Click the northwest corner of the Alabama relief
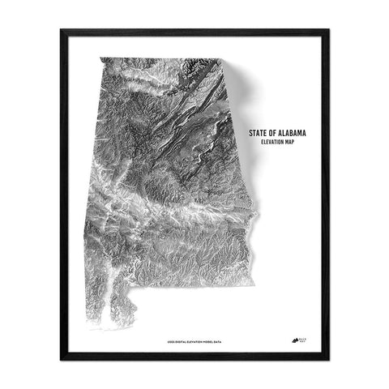point(99,58)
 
